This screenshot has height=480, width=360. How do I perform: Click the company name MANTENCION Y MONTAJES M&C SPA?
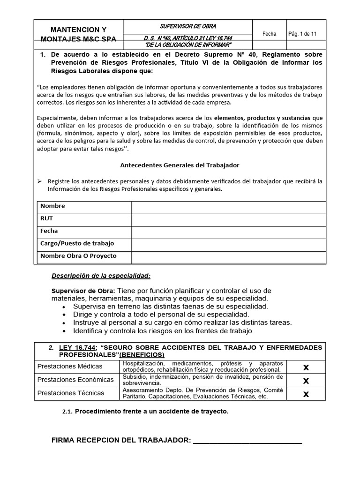click(78, 34)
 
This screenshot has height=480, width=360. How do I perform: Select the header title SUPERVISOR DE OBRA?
click(188, 26)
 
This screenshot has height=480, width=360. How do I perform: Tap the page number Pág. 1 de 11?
click(302, 34)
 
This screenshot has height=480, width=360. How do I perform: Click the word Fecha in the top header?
click(269, 34)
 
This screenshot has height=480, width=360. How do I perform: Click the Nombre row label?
click(52, 206)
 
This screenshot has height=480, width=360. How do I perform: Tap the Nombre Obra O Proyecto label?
click(78, 256)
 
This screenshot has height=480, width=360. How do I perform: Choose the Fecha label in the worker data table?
click(49, 231)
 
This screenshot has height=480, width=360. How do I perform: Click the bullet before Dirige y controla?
click(63, 315)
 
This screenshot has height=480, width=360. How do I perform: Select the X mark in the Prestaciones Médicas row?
click(306, 367)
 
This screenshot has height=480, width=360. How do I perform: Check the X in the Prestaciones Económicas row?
click(306, 381)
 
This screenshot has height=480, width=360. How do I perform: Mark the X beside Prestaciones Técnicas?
click(306, 394)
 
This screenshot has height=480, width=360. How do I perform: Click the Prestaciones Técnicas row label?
click(71, 393)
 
